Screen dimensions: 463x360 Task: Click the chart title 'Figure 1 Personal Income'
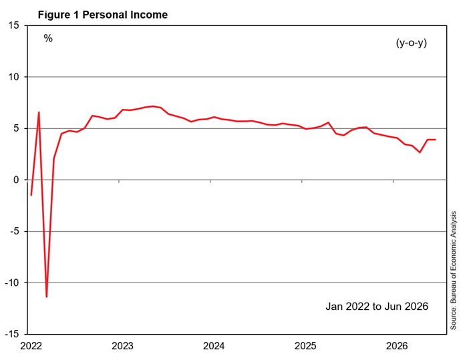pyautogui.click(x=103, y=15)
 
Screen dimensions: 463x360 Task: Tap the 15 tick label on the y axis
pyautogui.click(x=13, y=25)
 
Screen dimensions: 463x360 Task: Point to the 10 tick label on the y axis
pyautogui.click(x=13, y=77)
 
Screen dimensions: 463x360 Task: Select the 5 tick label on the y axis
pyautogui.click(x=16, y=128)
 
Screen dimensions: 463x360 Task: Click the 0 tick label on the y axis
pyautogui.click(x=16, y=180)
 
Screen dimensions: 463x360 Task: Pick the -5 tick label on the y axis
pyautogui.click(x=15, y=231)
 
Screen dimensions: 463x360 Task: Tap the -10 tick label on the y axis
pyautogui.click(x=12, y=283)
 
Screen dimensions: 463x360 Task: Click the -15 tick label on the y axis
pyautogui.click(x=12, y=334)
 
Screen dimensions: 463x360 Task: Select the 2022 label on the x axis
pyautogui.click(x=31, y=345)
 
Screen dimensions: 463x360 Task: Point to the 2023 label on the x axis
pyautogui.click(x=122, y=345)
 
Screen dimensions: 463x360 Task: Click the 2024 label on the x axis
pyautogui.click(x=214, y=345)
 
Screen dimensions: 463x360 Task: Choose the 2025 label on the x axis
pyautogui.click(x=305, y=345)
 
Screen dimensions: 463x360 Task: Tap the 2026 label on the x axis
pyautogui.click(x=397, y=345)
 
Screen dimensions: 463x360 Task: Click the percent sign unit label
pyautogui.click(x=48, y=38)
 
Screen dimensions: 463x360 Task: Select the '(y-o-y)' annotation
pyautogui.click(x=412, y=43)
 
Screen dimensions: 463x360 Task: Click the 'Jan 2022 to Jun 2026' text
pyautogui.click(x=377, y=307)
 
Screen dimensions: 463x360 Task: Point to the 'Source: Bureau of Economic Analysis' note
pyautogui.click(x=453, y=271)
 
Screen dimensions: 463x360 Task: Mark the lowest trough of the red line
pyautogui.click(x=47, y=297)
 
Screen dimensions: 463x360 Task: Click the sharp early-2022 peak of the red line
pyautogui.click(x=39, y=112)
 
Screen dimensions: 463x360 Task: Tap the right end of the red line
pyautogui.click(x=436, y=140)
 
